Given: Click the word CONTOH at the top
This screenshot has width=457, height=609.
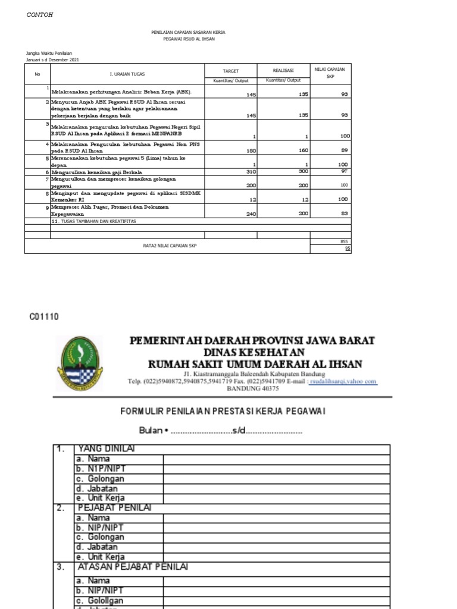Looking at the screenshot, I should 40,15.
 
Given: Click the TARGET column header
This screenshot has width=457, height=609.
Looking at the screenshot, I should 230,71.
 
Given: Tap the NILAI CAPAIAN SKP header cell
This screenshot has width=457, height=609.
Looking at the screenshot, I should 330,73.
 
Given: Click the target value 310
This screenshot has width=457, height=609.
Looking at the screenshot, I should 251,172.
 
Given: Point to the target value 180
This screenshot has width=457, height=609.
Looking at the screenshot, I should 251,151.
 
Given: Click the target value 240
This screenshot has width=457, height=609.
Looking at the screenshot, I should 251,213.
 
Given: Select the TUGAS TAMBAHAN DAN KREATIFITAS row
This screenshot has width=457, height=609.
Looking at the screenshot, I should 95,221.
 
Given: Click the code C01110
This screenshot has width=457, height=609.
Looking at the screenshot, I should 44,317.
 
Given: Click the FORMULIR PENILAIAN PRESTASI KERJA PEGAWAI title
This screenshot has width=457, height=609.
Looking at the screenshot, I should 223,411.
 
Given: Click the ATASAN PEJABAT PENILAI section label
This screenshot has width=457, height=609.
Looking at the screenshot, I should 133,567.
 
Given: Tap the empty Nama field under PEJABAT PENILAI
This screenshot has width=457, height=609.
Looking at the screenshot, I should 276,518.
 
